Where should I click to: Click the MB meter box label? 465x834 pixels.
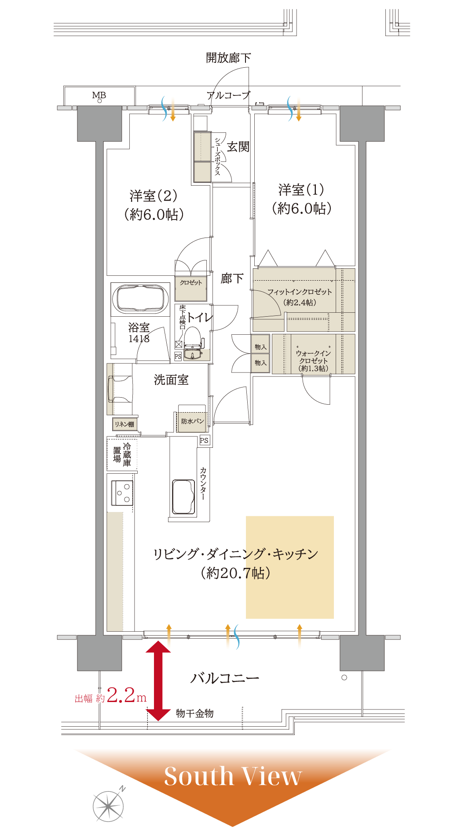[99, 95]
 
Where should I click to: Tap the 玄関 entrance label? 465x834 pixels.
[238, 147]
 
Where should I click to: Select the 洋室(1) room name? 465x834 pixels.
[301, 190]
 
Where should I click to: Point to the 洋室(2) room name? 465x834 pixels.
[154, 196]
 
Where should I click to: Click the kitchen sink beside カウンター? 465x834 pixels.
[183, 497]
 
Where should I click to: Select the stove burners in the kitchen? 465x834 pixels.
[122, 493]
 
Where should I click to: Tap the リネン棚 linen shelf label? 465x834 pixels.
[124, 424]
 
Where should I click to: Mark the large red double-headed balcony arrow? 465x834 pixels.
[158, 681]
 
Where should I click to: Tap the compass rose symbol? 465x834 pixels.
[108, 806]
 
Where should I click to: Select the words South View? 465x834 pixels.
[233, 776]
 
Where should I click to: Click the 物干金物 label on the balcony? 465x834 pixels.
[194, 713]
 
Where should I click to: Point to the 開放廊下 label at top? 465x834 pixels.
[229, 58]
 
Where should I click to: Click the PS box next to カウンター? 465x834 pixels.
[204, 440]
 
